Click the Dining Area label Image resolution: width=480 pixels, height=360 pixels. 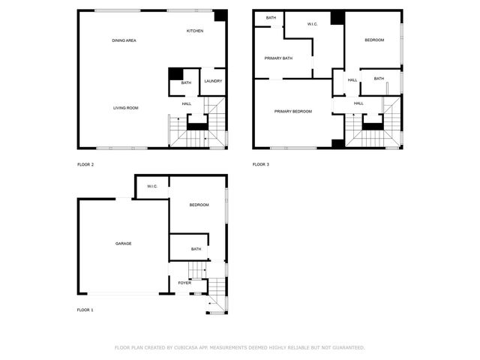tap(124, 40)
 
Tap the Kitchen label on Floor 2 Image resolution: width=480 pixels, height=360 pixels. tap(195, 31)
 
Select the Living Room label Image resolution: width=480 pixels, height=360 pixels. tap(126, 108)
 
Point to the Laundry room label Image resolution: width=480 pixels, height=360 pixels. tap(212, 81)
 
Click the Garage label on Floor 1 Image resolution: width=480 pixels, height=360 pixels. tap(124, 244)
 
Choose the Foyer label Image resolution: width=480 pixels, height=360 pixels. tap(184, 283)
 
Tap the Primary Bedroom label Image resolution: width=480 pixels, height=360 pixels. tap(292, 112)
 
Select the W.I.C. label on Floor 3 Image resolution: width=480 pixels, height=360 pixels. tap(313, 24)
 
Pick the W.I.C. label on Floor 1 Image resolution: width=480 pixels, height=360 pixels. tap(151, 186)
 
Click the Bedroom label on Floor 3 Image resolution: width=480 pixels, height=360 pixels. tap(374, 40)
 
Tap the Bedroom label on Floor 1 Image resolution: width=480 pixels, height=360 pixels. tap(199, 205)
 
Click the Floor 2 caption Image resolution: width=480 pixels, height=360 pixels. tap(85, 164)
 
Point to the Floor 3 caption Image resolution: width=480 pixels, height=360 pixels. tap(260, 164)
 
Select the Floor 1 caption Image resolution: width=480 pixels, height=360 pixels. tap(85, 310)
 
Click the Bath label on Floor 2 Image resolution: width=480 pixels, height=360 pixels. tap(186, 82)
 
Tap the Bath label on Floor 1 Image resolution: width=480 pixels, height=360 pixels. tap(196, 249)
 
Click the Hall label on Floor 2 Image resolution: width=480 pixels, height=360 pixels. tap(187, 103)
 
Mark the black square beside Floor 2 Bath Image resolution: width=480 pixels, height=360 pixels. tap(176, 73)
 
